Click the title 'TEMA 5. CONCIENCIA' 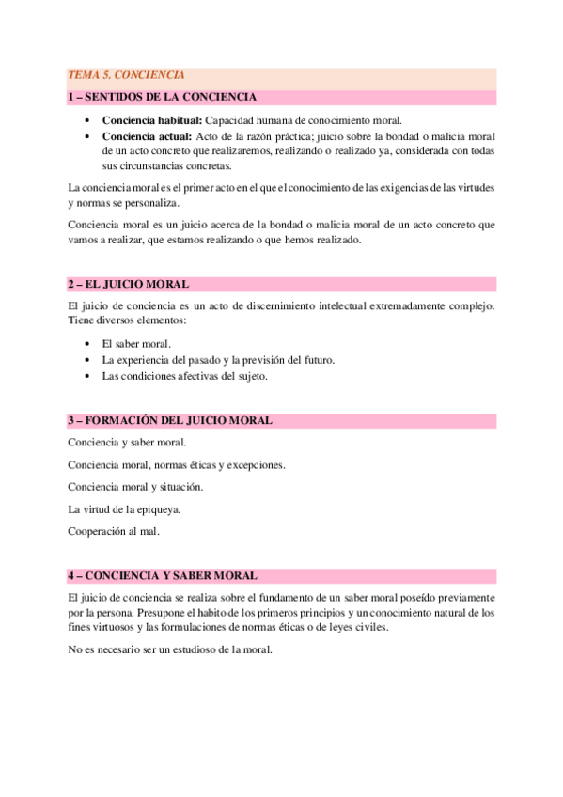click(126, 75)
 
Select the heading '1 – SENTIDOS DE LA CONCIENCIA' click(162, 97)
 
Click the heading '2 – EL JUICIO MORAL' click(128, 283)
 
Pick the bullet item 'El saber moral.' click(136, 344)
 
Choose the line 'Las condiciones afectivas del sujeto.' click(185, 376)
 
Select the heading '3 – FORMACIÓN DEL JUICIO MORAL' click(170, 420)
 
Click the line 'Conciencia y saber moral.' click(127, 442)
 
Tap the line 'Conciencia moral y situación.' click(135, 487)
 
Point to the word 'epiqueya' click(158, 509)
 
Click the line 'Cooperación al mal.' click(114, 532)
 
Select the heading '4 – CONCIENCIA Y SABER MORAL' click(163, 575)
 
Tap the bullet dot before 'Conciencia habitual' click(87, 120)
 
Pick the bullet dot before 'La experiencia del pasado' click(87, 360)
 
